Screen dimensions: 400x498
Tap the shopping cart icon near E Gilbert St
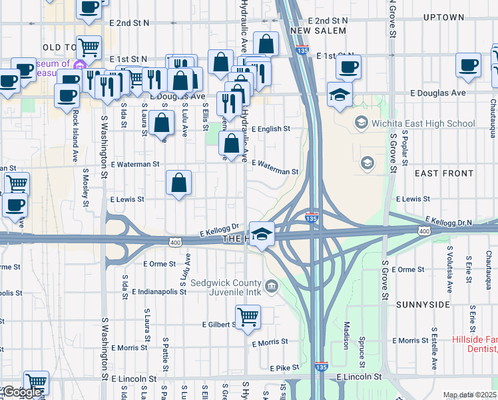pos(248,317)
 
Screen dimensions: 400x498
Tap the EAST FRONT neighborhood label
pos(444,173)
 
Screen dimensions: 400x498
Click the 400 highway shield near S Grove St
pos(424,231)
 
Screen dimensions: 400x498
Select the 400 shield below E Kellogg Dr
pos(174,241)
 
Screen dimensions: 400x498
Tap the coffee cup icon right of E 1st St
pos(348,66)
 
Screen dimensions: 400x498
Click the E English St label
pos(271,129)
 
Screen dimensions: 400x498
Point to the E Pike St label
pos(285,367)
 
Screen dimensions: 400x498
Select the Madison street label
pos(346,333)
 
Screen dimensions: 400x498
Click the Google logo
pos(21,392)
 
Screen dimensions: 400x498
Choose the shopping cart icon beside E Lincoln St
pos(36,383)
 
